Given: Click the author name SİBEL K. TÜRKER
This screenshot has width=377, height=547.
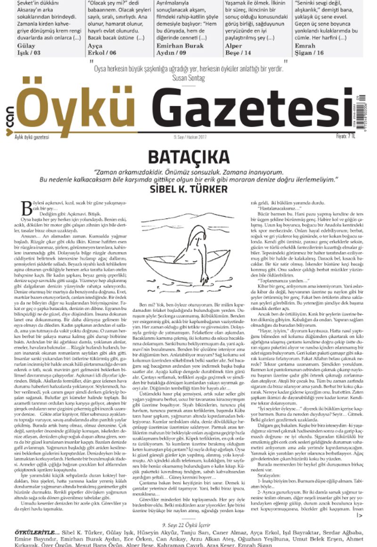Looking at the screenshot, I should pos(188,189).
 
